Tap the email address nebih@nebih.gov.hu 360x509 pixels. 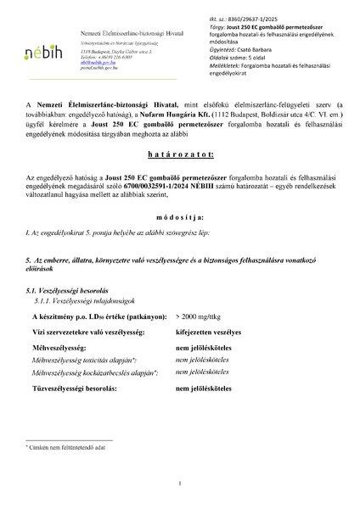[x=92, y=63]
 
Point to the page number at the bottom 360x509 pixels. [x=180, y=484]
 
